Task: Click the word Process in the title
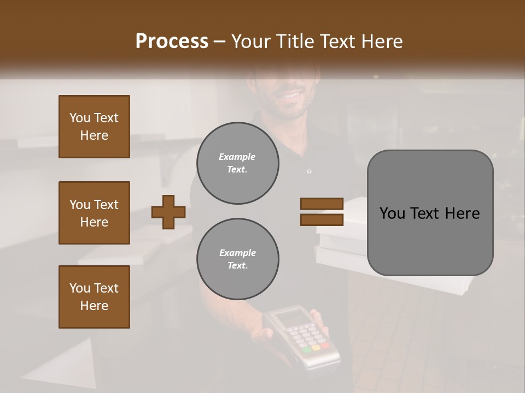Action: click(172, 41)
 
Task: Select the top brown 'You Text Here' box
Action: click(94, 127)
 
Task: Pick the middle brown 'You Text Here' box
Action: click(94, 213)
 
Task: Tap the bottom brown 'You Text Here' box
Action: click(94, 297)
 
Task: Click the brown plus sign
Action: click(168, 212)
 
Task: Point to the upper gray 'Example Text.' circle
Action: click(237, 163)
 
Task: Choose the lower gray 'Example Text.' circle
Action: click(237, 259)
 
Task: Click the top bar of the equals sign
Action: click(322, 204)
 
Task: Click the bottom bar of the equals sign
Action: click(322, 220)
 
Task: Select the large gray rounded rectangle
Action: click(430, 213)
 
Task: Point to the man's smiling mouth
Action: click(288, 95)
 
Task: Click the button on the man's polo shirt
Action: click(310, 171)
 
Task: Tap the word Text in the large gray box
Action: click(429, 213)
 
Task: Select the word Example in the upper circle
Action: click(237, 157)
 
